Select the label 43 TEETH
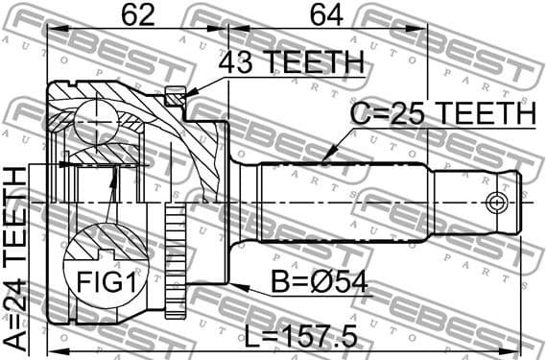[291, 63]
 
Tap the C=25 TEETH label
[442, 113]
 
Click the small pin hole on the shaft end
[496, 202]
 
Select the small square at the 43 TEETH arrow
[174, 96]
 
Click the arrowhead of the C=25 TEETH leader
[325, 156]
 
